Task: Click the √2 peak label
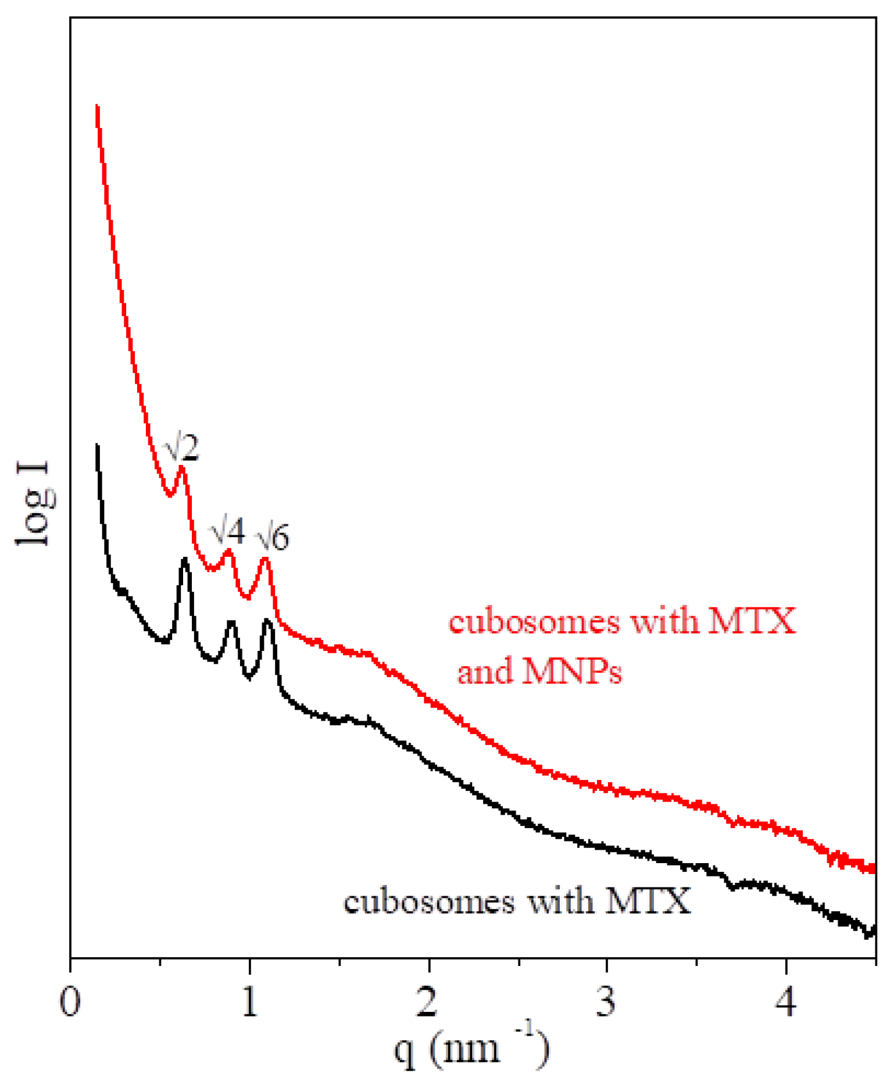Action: [x=181, y=448]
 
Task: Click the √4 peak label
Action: [x=227, y=531]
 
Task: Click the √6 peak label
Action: [x=273, y=538]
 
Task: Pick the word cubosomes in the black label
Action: [x=429, y=903]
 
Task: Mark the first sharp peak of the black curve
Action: [x=185, y=560]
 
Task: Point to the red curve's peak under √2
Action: [x=181, y=467]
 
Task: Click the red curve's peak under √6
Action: [x=265, y=559]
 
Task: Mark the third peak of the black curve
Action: [x=267, y=621]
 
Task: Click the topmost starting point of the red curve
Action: [x=97, y=106]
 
